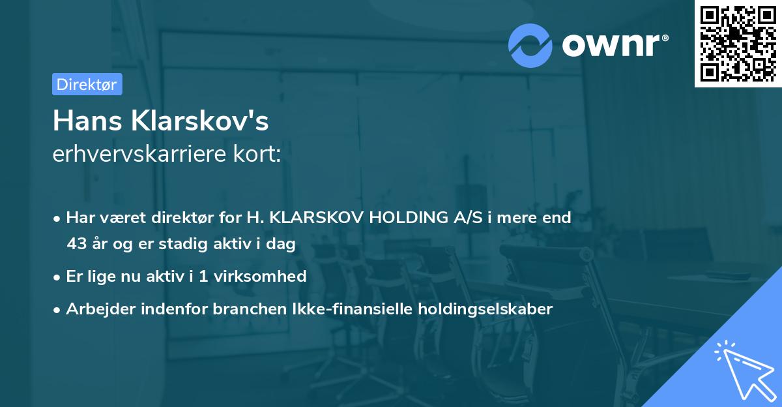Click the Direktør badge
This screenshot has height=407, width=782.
click(x=87, y=84)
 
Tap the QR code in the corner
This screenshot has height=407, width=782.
click(x=738, y=44)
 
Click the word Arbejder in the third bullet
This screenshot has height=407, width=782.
click(x=96, y=309)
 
